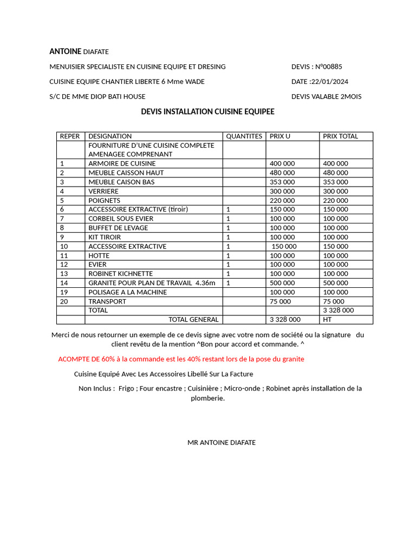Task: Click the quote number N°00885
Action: (x=327, y=67)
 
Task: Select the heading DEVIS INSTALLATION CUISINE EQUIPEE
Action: (x=207, y=111)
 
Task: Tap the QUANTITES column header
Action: (x=244, y=136)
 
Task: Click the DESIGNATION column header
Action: (x=110, y=136)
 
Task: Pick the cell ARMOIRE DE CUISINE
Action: (x=122, y=163)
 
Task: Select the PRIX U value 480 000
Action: (x=282, y=173)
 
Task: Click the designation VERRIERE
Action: (x=103, y=191)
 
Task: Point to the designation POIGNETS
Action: (x=105, y=200)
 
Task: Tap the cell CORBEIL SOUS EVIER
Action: (x=121, y=219)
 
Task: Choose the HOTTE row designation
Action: (x=99, y=255)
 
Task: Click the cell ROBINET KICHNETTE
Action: (x=121, y=274)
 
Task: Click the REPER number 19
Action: (x=64, y=292)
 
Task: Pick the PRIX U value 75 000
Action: (x=280, y=301)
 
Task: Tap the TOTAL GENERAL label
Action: (x=193, y=320)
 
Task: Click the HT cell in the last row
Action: (x=327, y=320)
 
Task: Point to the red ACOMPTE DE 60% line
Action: (x=181, y=359)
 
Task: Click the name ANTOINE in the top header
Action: (x=65, y=51)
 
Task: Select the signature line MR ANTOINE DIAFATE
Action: (x=222, y=443)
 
